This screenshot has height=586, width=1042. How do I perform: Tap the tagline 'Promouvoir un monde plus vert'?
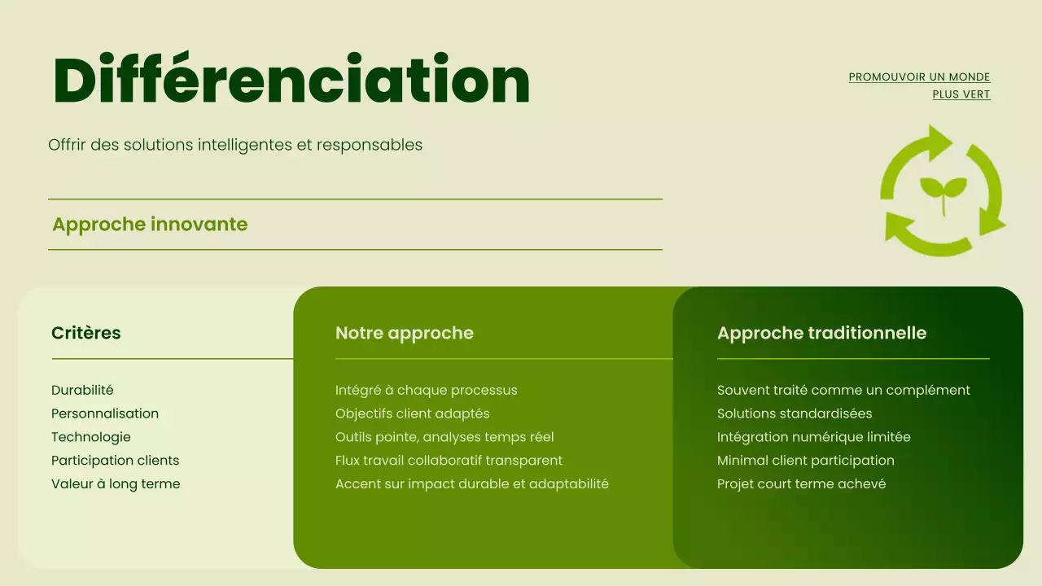[x=919, y=85]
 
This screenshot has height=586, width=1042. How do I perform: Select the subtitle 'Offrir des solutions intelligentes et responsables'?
[x=235, y=145]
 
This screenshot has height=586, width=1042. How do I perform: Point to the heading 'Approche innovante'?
[x=150, y=225]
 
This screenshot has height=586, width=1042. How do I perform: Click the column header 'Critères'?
[x=85, y=333]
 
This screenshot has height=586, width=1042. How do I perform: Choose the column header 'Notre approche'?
[x=404, y=333]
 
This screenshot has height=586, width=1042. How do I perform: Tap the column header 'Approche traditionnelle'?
[x=821, y=333]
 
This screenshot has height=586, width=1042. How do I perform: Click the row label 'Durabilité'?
[x=82, y=391]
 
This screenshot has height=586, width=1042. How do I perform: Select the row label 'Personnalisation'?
[x=105, y=413]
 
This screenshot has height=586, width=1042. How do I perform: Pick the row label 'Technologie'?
[x=91, y=437]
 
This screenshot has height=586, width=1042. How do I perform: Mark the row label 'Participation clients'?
[x=115, y=461]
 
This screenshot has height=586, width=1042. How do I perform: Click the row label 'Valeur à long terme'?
[x=116, y=484]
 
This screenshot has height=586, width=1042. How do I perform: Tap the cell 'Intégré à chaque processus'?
[x=426, y=391]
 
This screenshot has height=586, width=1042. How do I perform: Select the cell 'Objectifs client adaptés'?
[x=412, y=413]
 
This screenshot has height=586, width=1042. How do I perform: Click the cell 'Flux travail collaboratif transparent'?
[x=449, y=461]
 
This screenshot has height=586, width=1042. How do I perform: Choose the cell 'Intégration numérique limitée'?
[x=813, y=437]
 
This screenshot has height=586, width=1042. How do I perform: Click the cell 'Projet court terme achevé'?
[x=801, y=484]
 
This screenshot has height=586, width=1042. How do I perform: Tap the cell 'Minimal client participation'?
[x=805, y=461]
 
